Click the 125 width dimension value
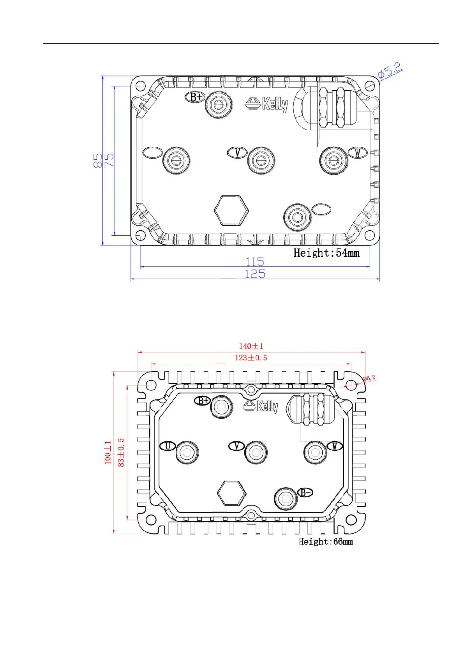(x=255, y=274)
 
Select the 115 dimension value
(x=255, y=261)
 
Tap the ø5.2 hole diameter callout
(x=390, y=71)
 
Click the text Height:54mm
(x=326, y=253)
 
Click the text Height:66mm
(x=326, y=542)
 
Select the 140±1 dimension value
(x=251, y=346)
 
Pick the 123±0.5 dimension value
(x=251, y=358)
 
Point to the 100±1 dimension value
(x=108, y=453)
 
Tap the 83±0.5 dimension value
(x=121, y=453)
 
